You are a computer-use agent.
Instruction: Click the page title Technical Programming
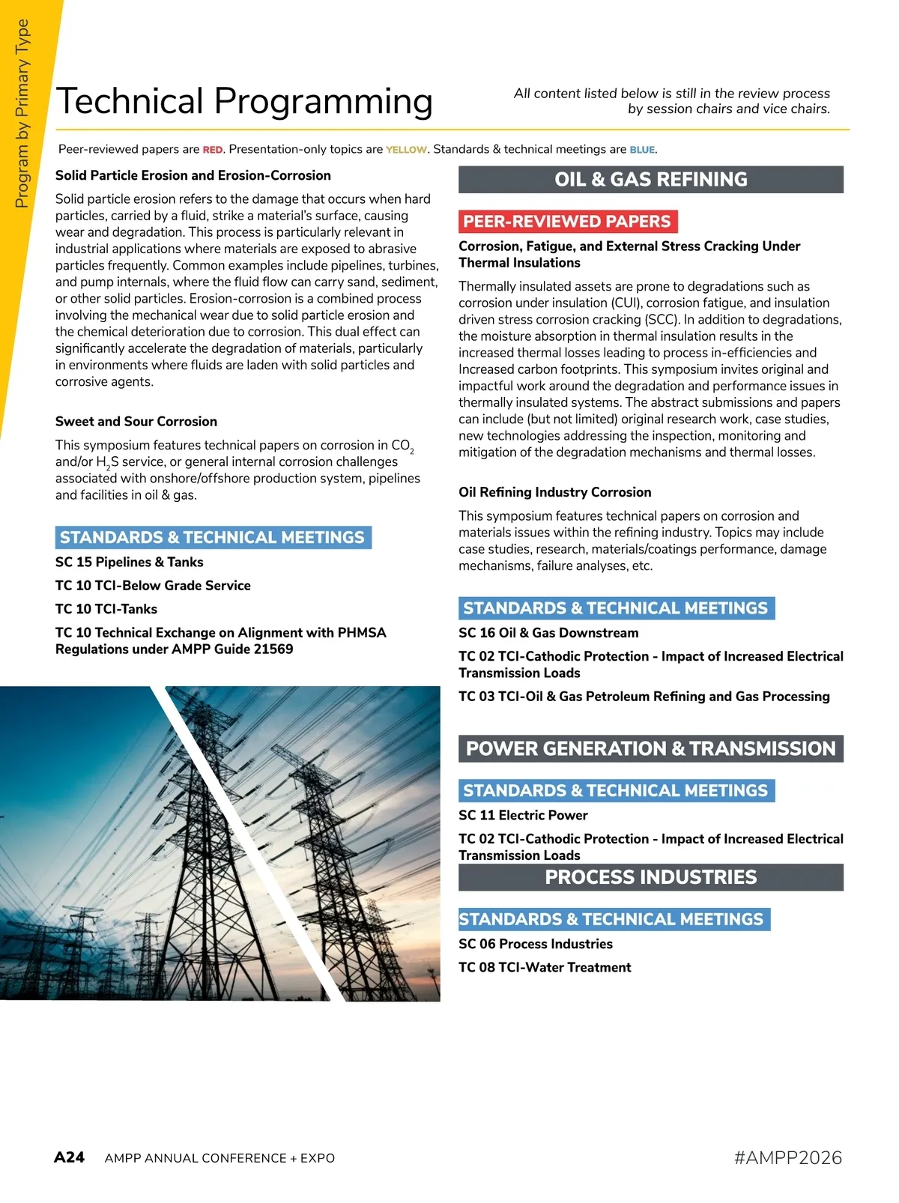pos(244,101)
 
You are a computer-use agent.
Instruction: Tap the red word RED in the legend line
pos(213,150)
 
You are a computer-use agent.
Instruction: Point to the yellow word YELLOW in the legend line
pos(406,150)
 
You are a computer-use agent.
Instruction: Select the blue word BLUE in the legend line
pos(642,150)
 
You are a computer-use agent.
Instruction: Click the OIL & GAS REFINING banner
pos(650,180)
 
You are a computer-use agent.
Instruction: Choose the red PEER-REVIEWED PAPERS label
pos(567,222)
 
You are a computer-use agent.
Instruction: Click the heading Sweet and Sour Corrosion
pos(136,422)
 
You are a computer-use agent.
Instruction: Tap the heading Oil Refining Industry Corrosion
pos(554,492)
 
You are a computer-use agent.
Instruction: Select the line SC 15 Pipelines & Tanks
pos(129,562)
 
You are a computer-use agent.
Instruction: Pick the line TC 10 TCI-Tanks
pos(106,609)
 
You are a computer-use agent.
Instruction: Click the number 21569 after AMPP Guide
pos(273,649)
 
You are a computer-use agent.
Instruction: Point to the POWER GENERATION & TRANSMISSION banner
pos(650,748)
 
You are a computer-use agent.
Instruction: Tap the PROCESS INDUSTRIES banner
pos(650,877)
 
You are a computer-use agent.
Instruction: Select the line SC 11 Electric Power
pos(523,815)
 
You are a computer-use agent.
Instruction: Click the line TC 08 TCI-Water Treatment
pos(545,968)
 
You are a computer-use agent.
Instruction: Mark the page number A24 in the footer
pos(69,1157)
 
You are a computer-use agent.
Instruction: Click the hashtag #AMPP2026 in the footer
pos(788,1158)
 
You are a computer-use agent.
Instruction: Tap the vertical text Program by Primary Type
pos(22,113)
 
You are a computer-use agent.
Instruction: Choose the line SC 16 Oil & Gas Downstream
pos(548,633)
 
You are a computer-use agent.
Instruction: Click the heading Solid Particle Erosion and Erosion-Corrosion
pos(193,175)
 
